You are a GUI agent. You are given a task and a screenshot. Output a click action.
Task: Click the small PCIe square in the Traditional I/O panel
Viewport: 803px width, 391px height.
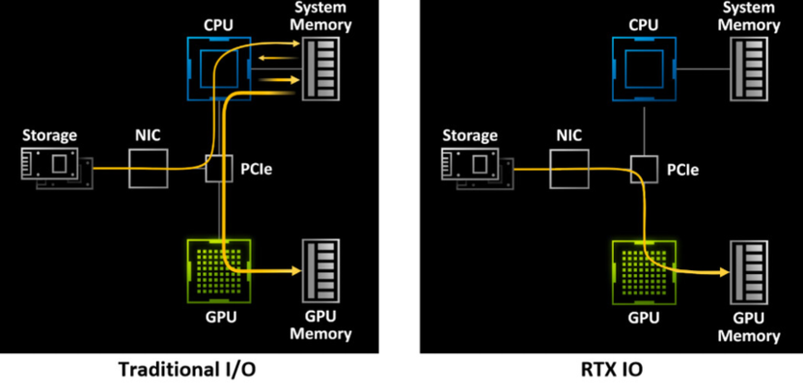pos(219,169)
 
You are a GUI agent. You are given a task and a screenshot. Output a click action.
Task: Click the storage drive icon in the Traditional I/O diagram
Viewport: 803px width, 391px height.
pos(55,167)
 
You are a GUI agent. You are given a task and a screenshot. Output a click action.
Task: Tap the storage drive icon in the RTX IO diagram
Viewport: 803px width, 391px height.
pos(478,167)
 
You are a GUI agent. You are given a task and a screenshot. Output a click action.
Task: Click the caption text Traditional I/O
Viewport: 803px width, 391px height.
pos(188,370)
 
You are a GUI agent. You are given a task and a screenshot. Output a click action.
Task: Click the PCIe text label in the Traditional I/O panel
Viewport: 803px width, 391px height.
pos(256,171)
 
